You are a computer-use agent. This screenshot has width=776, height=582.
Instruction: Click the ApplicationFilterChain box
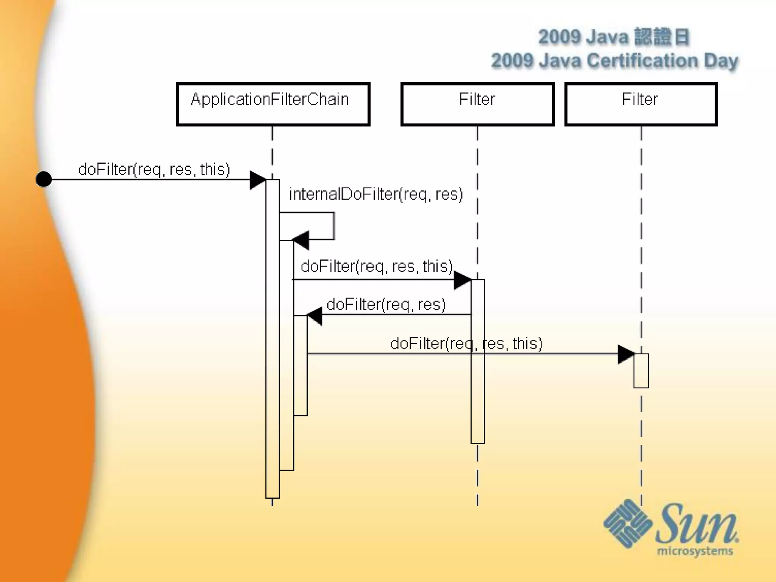(273, 104)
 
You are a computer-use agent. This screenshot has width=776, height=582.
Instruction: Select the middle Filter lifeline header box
(477, 104)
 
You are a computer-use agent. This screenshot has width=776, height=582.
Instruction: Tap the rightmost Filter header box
(641, 104)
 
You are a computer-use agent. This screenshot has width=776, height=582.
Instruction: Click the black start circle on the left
(44, 179)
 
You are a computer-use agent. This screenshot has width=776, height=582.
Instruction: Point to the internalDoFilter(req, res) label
(376, 194)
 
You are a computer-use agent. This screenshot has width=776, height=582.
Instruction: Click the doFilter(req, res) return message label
(386, 304)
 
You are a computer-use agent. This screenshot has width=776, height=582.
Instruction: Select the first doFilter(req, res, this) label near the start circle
(154, 169)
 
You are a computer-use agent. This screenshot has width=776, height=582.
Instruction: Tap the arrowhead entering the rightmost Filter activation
(626, 354)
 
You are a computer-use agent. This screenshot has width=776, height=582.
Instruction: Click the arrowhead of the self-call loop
(301, 240)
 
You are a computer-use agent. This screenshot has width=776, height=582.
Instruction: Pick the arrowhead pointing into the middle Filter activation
(462, 280)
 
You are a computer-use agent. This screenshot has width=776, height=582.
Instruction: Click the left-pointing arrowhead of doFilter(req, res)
(314, 316)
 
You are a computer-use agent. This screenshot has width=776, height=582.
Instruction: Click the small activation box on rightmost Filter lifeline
(641, 371)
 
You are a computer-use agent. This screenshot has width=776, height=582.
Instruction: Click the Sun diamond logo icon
(627, 523)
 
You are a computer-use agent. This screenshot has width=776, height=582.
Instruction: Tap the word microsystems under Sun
(695, 551)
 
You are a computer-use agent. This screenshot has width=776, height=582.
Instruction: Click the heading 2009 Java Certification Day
(615, 61)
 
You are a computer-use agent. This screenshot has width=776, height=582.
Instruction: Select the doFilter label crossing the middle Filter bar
(466, 344)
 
